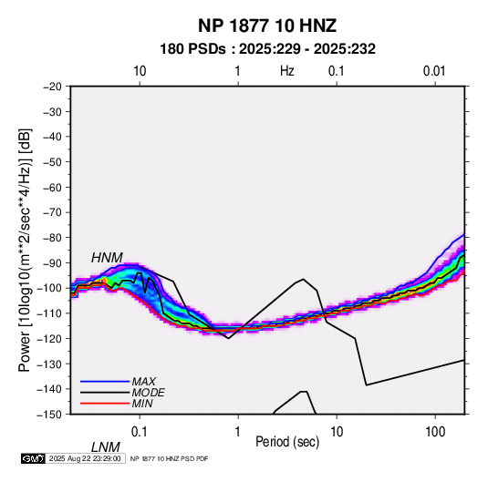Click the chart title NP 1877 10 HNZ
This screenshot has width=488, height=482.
coord(267,26)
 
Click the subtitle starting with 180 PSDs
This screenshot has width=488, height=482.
coord(267,49)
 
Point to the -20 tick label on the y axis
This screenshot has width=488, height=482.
coord(53,87)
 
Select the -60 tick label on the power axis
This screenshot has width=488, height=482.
coord(53,187)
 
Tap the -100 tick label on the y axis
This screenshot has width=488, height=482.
coord(50,288)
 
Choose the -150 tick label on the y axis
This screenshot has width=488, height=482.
coord(50,415)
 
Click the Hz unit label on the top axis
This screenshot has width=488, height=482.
coord(287,71)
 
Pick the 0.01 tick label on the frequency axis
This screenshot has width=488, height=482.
coord(434,71)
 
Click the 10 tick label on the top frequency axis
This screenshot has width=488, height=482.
coord(140,71)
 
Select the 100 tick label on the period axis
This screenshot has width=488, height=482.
coord(435,432)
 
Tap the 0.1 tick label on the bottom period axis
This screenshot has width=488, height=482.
coord(140,432)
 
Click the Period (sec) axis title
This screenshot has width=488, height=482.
coord(287,442)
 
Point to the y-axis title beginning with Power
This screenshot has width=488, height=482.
coord(25,250)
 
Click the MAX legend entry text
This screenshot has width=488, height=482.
coord(144,382)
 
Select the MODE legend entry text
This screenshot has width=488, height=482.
coord(148,393)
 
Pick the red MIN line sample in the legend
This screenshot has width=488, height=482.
coord(105,404)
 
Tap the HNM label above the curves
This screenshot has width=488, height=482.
coord(107,258)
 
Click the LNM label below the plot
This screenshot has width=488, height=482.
coord(106,447)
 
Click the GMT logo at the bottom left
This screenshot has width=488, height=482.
coord(34,458)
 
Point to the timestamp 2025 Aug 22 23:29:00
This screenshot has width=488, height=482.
coord(85,458)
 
